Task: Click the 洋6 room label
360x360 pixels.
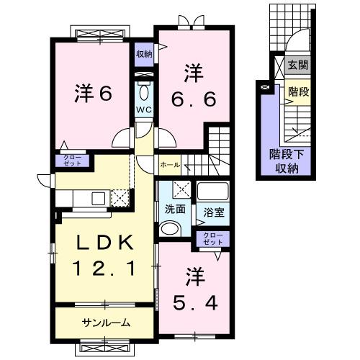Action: [x=92, y=94]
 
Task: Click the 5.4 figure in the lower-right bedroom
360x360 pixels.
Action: [x=194, y=301]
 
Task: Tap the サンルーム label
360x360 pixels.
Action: [x=105, y=323]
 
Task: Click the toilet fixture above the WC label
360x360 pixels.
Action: [x=143, y=92]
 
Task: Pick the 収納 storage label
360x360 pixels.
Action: [x=144, y=54]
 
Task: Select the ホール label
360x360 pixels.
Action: [x=170, y=165]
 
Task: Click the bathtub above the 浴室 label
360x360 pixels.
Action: [x=212, y=193]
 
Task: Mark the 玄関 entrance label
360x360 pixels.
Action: [x=298, y=66]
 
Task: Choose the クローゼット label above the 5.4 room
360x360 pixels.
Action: [x=210, y=239]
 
